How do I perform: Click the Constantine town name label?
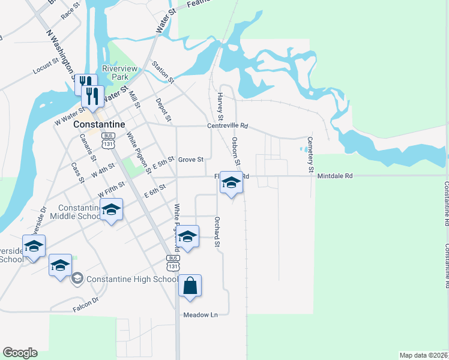point(99,125)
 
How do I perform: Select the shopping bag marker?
point(190,287)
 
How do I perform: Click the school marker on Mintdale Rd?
point(231,182)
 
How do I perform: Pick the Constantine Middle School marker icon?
point(111,210)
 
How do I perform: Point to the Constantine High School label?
point(132,279)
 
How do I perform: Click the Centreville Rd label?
point(228,126)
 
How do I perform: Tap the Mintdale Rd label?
point(335,176)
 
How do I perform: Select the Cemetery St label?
point(310,155)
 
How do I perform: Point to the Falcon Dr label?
point(85,307)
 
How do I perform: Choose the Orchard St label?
point(217,232)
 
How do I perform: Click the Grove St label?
point(192,160)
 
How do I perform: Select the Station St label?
point(162,72)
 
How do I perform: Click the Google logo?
point(20,353)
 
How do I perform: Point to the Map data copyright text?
point(423,355)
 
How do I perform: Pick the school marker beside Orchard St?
point(187,237)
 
